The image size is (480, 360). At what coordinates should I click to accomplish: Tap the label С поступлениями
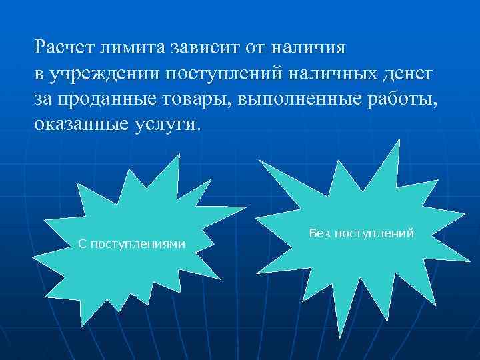click(x=131, y=244)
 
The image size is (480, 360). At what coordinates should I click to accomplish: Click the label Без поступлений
click(x=361, y=233)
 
